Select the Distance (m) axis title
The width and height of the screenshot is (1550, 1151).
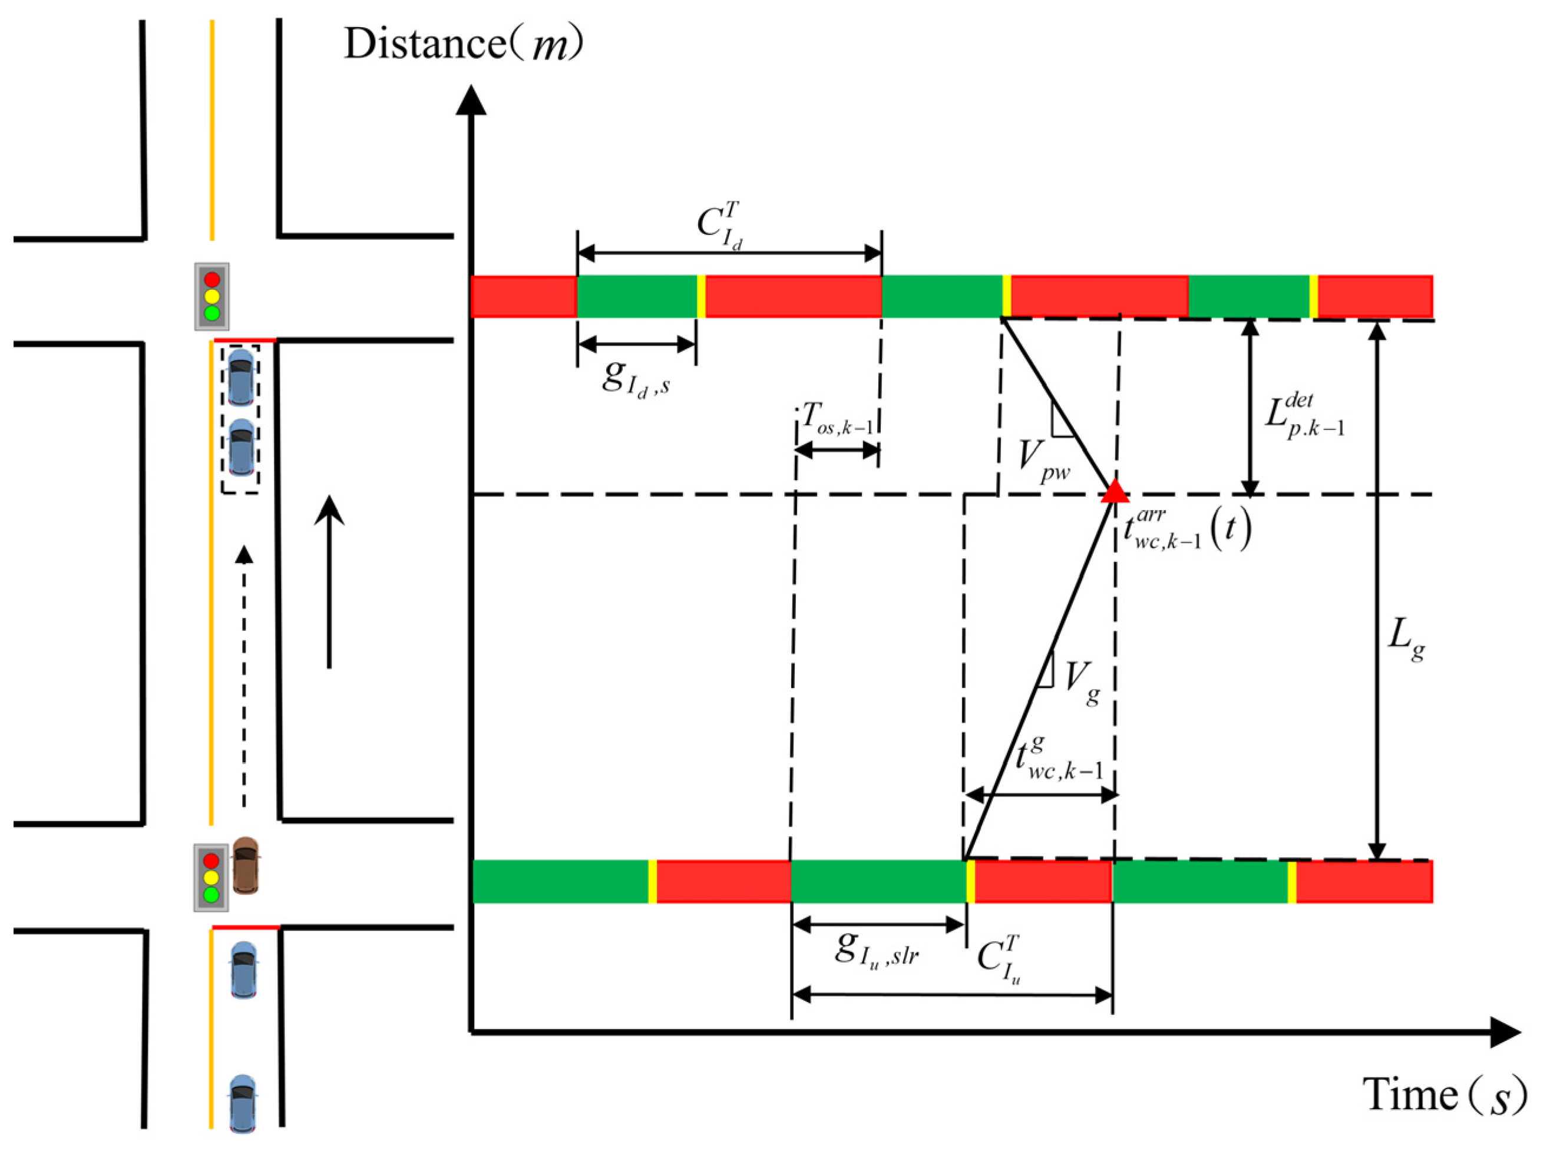[x=463, y=46]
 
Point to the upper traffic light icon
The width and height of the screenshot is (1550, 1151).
[x=211, y=296]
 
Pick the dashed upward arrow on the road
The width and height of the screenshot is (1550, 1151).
[x=244, y=676]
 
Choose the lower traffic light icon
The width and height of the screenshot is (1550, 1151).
[x=211, y=878]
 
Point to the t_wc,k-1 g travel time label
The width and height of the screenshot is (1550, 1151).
[x=1059, y=760]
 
